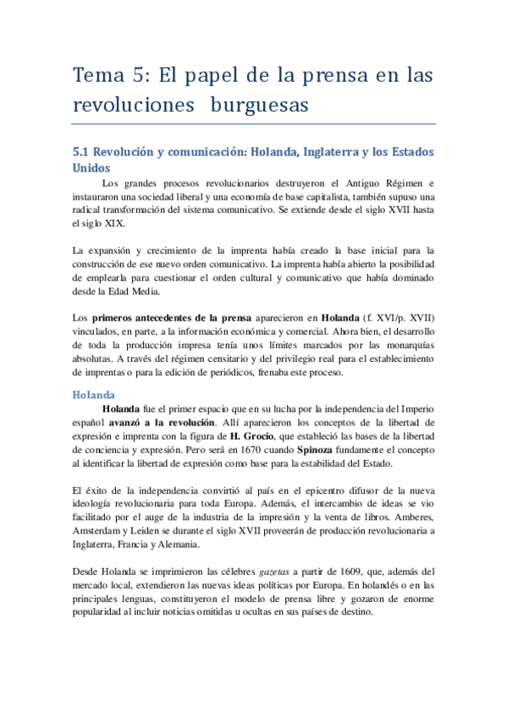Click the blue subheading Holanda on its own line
point(94,394)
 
